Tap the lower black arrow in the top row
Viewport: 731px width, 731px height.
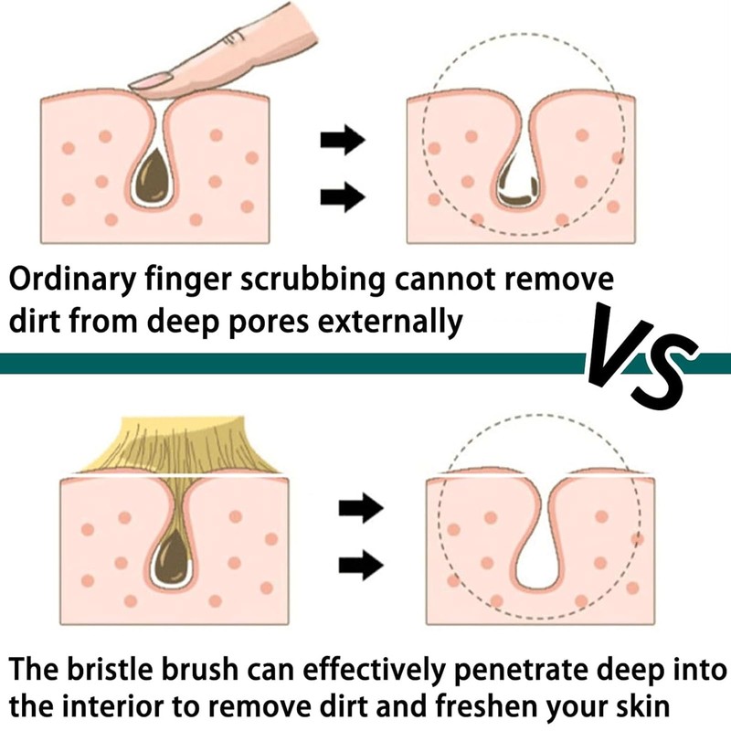343,195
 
